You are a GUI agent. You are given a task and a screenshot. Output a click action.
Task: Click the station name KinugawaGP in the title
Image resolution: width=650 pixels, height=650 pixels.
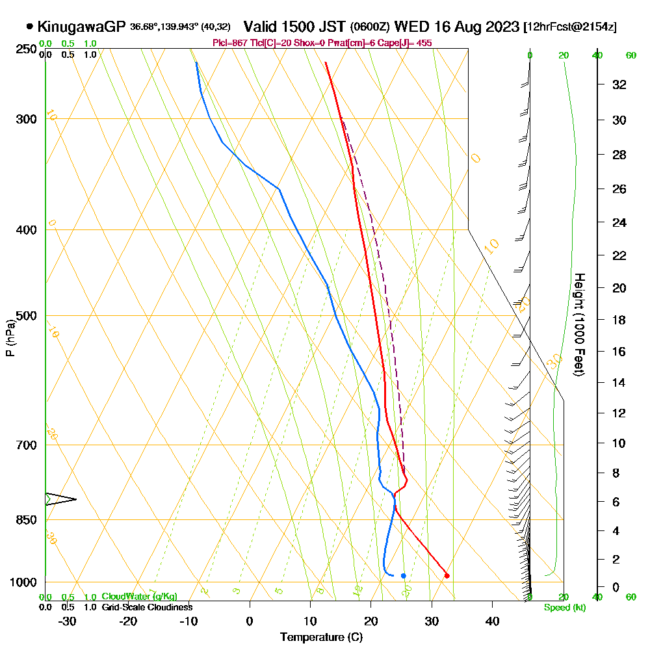coord(81,27)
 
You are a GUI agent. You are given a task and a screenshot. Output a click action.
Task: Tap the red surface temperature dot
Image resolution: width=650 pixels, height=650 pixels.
coord(447,575)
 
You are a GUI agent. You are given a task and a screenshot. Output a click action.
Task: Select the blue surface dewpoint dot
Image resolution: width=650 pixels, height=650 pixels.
coord(404,575)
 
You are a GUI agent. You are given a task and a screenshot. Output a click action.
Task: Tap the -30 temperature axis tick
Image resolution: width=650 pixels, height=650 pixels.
coord(68,621)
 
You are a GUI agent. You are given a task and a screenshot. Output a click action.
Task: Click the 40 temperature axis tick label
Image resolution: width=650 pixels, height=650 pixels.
coord(492,621)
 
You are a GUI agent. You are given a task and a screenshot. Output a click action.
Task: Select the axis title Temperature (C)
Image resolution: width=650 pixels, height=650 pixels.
coord(321,638)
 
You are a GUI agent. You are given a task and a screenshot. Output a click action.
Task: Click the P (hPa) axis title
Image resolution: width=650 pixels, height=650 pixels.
coord(10,337)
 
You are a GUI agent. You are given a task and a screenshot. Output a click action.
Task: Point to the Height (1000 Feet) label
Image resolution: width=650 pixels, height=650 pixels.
coord(578,324)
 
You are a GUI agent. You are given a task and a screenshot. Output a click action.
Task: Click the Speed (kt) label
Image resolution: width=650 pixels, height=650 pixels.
coord(564,608)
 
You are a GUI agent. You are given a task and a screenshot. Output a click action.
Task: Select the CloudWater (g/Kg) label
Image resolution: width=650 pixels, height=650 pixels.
coord(139,597)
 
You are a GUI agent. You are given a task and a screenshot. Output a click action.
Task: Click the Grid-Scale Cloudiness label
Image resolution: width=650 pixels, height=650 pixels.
coord(147,607)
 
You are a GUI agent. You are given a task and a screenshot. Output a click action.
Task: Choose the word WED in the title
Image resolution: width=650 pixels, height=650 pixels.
coord(409,27)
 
